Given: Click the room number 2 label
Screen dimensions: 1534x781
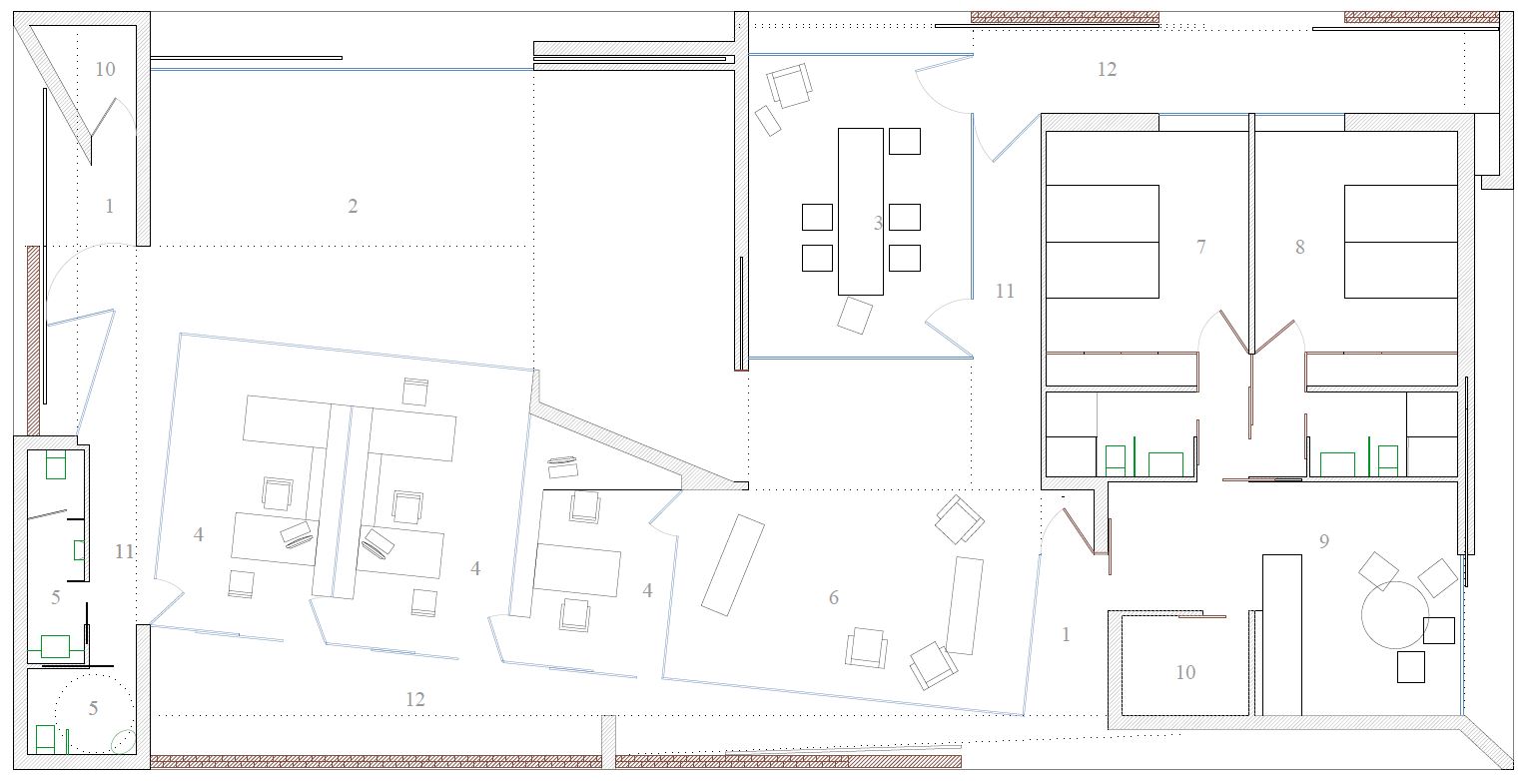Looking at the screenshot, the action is pos(353,206).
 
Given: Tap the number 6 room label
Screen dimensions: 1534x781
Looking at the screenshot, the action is pos(834,597).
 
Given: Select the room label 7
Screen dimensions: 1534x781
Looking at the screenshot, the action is pos(1201,247).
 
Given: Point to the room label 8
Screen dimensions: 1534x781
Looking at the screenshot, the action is pos(1299,247).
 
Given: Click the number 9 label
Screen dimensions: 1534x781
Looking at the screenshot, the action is pos(1324,541).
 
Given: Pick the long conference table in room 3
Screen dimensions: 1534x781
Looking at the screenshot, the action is pos(861,212).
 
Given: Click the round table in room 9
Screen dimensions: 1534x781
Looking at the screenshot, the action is pos(1395,615).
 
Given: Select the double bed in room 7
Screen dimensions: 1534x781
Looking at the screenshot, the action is pos(1103,242).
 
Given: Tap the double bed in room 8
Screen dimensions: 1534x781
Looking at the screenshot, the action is pos(1400,242).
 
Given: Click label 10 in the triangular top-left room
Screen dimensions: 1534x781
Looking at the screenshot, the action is pos(105,69).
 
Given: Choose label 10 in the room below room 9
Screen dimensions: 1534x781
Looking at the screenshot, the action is pos(1185,672).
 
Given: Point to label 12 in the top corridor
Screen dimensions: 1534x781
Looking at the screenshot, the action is pos(1107,69).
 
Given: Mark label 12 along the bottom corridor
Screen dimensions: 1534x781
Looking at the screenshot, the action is pos(415,699).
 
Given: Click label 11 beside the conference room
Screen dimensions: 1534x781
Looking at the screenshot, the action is pos(1005,292).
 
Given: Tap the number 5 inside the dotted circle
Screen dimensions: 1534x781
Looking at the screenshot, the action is pos(93,708).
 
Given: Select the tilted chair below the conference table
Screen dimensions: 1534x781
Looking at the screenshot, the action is pos(855,316).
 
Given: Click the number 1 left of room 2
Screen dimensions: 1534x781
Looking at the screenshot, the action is pos(109,206).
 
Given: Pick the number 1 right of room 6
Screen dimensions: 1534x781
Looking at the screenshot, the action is pos(1066,635).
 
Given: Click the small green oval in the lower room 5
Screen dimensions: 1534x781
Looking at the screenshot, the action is pos(123,742).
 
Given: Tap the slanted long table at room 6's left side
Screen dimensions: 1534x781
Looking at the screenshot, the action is pos(733,565).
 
